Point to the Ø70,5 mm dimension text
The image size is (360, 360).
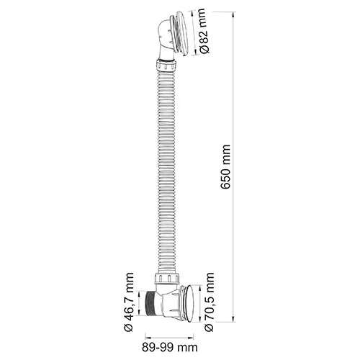(x=211, y=302)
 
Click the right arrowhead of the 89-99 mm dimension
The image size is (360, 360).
(x=194, y=336)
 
